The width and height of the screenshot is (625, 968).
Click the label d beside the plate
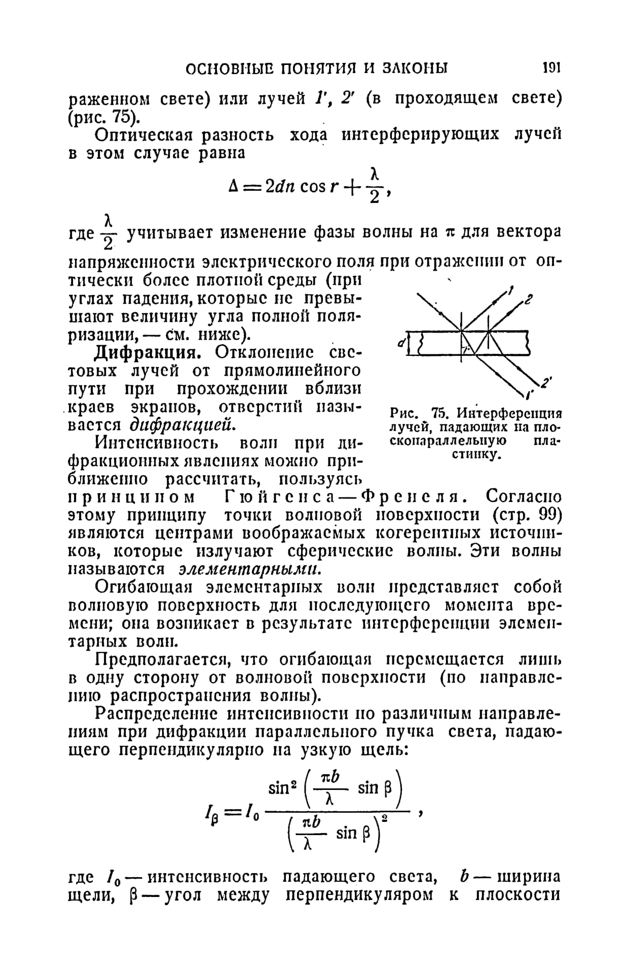tap(401, 343)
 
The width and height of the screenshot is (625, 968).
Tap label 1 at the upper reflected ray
tap(511, 291)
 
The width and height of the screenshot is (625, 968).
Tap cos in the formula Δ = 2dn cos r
tap(313, 187)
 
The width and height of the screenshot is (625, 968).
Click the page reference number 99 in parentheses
tap(549, 515)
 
